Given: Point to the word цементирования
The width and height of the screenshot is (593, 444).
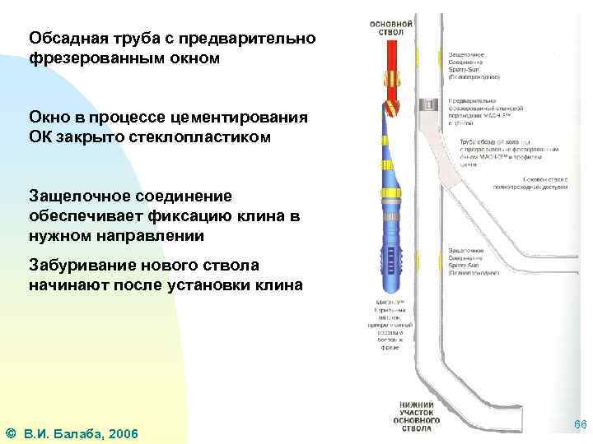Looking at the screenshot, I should [x=248, y=117].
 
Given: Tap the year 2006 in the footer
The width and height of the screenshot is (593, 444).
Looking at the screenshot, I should [x=121, y=433].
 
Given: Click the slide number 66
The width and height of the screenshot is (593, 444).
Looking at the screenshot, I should [x=579, y=424].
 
